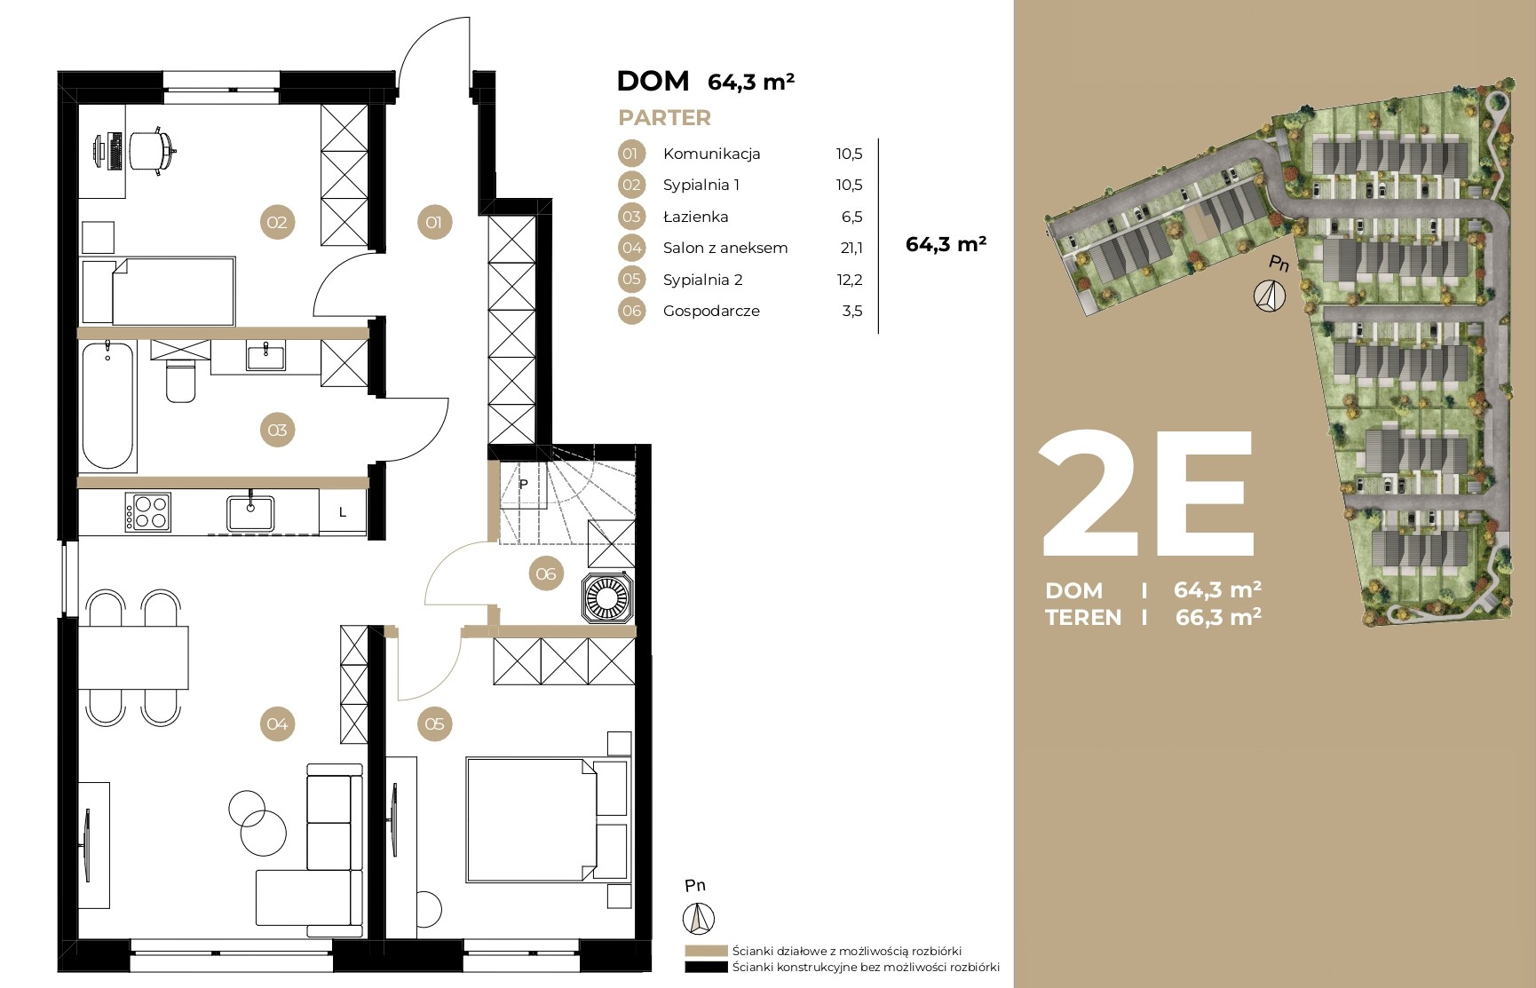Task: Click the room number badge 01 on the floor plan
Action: (434, 222)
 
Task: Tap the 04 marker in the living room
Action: (277, 723)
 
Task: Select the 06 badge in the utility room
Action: (546, 573)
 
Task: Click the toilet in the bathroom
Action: (181, 380)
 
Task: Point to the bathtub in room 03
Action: (108, 405)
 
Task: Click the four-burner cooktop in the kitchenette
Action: (147, 512)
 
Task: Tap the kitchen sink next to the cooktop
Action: (250, 512)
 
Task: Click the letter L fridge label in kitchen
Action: (343, 512)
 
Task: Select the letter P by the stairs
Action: (524, 484)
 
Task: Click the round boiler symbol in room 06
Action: (607, 597)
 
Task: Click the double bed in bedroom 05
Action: (531, 819)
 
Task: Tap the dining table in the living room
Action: (134, 657)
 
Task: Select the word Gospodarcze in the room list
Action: (711, 311)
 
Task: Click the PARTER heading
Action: (665, 117)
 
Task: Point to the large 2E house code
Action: (1147, 494)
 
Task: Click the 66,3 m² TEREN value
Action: (1218, 616)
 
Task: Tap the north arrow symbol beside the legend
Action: (699, 917)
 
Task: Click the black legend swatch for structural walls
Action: (707, 968)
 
